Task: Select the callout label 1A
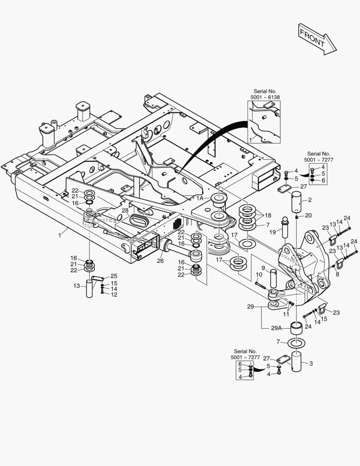[200, 198]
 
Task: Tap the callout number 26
[160, 260]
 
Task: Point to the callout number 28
[125, 210]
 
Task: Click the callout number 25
[114, 276]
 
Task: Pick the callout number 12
[114, 295]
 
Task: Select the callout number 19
[272, 232]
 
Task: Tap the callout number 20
[308, 215]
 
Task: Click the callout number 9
[263, 268]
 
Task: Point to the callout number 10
[259, 274]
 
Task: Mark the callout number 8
[337, 273]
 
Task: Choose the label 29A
[276, 328]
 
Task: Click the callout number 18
[268, 215]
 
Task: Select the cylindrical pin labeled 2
[297, 202]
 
